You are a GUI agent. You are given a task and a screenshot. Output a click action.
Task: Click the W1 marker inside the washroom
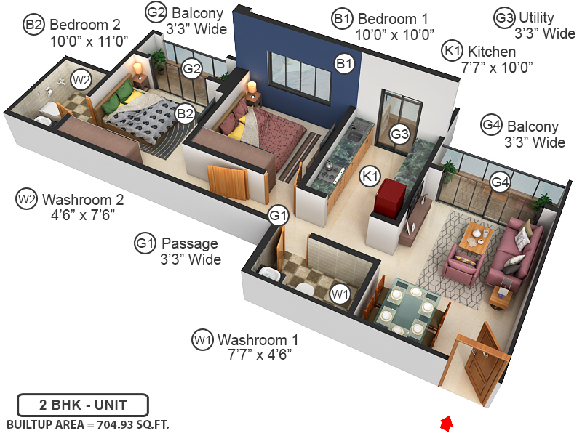click(x=340, y=294)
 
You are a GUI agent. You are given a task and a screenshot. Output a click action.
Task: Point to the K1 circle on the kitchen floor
click(x=370, y=175)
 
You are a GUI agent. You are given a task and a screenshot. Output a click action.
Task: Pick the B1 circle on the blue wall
click(x=344, y=64)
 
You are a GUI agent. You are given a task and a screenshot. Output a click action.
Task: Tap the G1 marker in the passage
click(x=279, y=215)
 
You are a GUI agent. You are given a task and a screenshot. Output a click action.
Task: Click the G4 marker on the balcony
click(x=498, y=182)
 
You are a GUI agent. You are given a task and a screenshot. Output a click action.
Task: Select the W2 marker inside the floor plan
click(x=81, y=79)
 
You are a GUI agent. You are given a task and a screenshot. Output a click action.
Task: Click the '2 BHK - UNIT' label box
click(x=83, y=404)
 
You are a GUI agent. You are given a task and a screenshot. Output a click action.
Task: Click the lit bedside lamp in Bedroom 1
click(x=252, y=88)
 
